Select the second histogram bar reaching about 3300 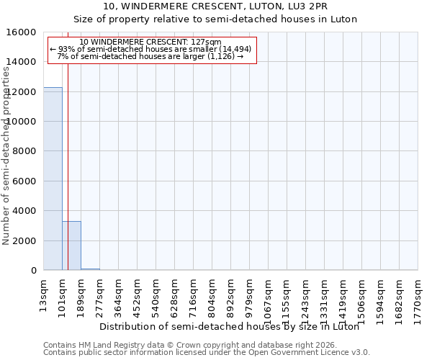(71, 246)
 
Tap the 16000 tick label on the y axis (22, 32)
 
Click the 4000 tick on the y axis (24, 211)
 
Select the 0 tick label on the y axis (33, 271)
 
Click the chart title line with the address (215, 6)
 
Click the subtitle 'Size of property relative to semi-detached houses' (215, 19)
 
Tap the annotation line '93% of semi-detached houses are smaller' (150, 49)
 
